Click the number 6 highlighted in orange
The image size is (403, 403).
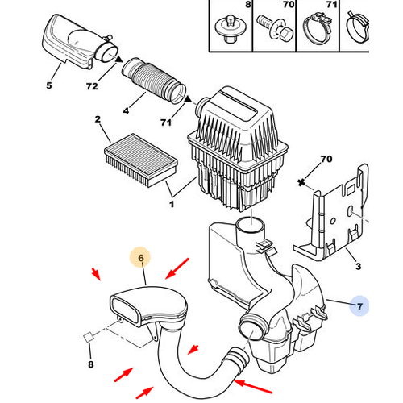coord(141,258)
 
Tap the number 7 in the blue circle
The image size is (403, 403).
coord(359,306)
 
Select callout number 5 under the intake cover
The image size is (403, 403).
coord(49,85)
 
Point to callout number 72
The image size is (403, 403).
coord(92,86)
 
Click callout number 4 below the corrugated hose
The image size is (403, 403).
coord(126,110)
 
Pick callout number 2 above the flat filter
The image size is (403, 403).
coord(98,119)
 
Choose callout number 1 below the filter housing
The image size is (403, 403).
coord(172,205)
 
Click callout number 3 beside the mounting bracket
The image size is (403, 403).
coord(358,266)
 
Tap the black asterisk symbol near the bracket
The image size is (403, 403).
coord(301,182)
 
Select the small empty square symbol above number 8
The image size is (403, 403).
coord(88,337)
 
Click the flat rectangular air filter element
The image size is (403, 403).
coord(141,160)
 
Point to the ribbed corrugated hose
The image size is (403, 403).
coord(154,81)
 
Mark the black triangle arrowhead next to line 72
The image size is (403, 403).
coord(119,60)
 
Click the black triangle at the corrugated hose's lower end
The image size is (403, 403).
coord(189,99)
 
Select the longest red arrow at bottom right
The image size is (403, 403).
coord(253,387)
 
